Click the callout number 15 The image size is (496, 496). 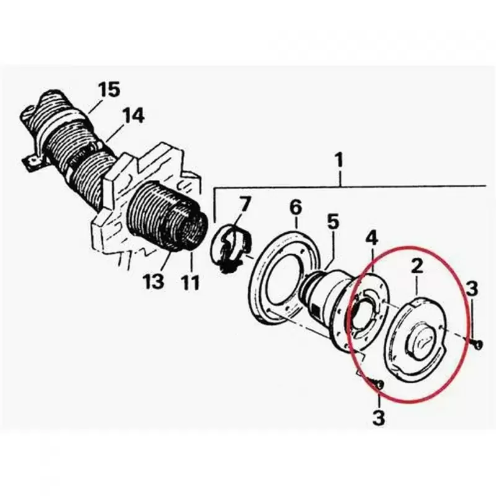(108, 89)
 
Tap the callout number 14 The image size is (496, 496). (133, 115)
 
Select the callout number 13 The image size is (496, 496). (153, 281)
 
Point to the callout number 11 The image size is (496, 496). (191, 282)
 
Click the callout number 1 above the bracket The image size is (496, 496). (339, 160)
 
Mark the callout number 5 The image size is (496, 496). (332, 221)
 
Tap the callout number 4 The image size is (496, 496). (372, 238)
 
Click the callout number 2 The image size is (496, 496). (417, 267)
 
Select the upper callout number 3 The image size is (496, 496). (472, 288)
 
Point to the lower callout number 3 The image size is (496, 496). (379, 417)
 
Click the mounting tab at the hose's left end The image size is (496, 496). (33, 162)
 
